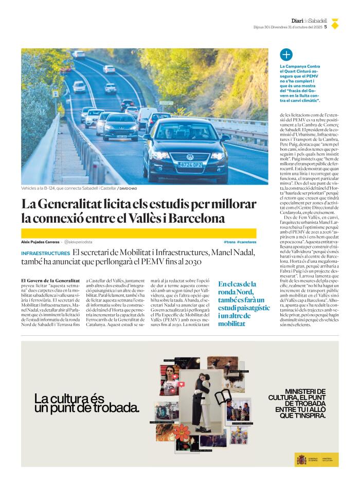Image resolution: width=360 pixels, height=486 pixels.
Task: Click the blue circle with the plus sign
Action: tap(286, 55)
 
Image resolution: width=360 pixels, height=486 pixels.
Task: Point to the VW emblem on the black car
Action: tap(190, 156)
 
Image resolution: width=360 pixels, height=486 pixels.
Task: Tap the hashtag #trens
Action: tap(229, 242)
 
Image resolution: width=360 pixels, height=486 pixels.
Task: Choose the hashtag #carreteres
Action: tap(246, 242)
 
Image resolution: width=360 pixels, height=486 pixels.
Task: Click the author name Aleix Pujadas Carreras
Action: tap(40, 242)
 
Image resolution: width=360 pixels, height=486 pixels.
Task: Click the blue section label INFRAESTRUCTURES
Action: tap(45, 254)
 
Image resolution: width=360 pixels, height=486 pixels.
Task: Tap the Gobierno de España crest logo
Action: tap(301, 459)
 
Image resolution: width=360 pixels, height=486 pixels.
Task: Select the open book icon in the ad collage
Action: tap(223, 397)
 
